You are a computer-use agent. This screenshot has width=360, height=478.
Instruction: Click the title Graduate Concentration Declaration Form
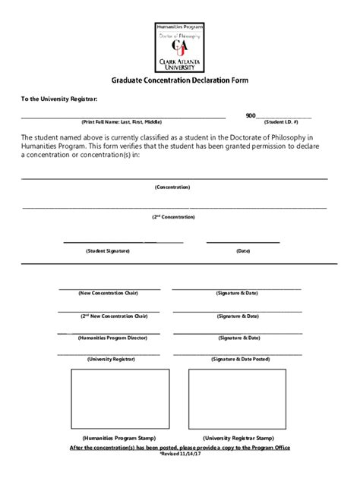pos(180,80)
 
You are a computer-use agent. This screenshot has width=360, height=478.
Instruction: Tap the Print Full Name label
pos(122,121)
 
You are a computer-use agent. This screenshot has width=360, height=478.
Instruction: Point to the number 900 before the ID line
pos(251,115)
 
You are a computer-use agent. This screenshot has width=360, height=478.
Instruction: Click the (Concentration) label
pos(172,187)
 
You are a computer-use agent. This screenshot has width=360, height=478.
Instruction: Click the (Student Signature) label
pos(108,250)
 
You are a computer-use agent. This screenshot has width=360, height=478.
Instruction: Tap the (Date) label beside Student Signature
pos(243,250)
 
